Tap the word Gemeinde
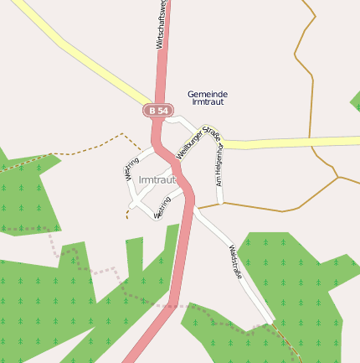point(208,94)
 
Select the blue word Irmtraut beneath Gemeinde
point(208,102)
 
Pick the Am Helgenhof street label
point(219,164)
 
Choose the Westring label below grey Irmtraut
point(163,205)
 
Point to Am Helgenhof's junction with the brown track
point(221,203)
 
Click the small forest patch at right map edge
point(355,100)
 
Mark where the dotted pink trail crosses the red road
point(173,304)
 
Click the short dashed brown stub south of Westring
point(128,213)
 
